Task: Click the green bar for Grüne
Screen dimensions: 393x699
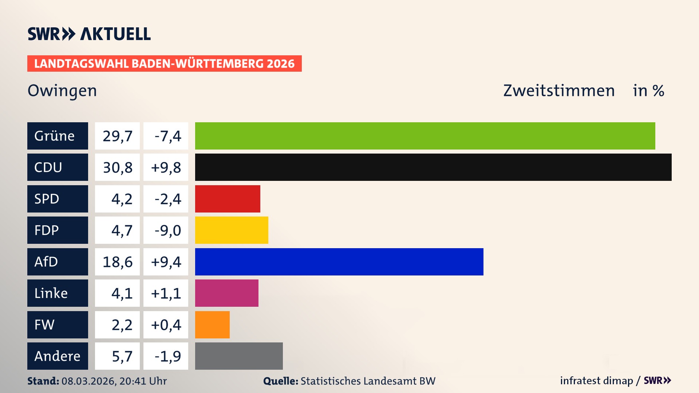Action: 425,136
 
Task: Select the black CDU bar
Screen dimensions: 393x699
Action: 433,167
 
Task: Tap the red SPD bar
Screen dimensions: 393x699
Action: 228,199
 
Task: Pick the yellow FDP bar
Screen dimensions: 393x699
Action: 232,230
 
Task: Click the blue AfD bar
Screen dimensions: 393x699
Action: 339,262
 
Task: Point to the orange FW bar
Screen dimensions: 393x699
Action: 212,325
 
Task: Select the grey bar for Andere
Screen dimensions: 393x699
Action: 239,356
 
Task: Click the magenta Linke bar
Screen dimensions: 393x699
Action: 226,293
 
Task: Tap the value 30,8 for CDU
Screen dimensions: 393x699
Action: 117,167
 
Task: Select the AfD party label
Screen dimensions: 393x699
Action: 58,262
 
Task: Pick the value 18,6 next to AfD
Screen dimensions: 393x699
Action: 117,262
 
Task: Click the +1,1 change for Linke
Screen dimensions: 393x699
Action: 166,293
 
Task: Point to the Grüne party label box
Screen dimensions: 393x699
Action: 58,136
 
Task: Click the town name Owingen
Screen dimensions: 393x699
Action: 62,91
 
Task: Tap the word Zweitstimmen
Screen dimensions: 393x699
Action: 559,91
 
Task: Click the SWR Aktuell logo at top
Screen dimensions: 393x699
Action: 89,34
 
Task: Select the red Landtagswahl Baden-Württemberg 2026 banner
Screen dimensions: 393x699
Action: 164,64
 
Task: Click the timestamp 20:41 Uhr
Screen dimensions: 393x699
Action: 143,381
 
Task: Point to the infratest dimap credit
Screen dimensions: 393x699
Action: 596,381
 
